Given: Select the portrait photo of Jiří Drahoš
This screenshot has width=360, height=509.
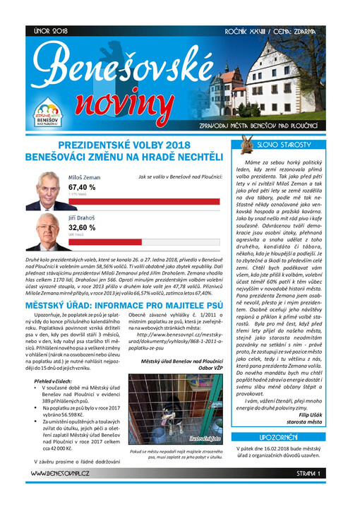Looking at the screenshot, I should [x=47, y=234].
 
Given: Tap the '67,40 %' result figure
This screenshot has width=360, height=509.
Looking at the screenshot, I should [x=82, y=187].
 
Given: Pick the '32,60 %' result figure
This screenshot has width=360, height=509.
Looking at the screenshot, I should [x=82, y=229].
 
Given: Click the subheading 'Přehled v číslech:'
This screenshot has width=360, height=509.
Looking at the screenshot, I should [x=55, y=381].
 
